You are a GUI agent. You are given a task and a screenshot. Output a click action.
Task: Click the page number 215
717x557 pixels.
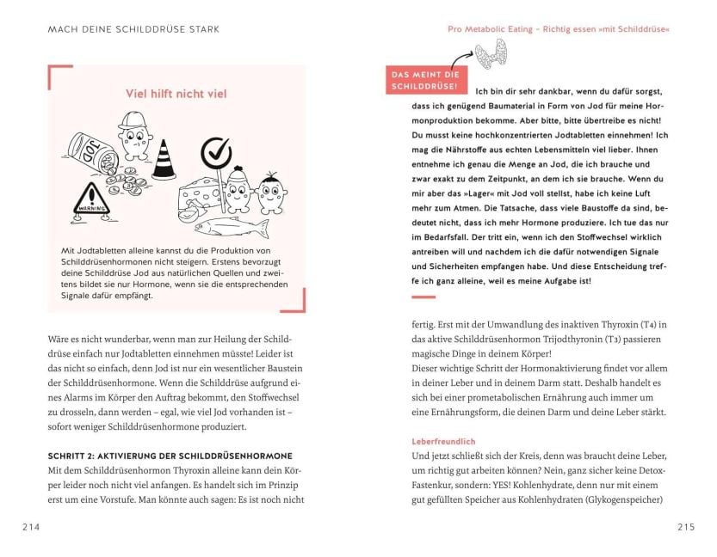click(x=686, y=527)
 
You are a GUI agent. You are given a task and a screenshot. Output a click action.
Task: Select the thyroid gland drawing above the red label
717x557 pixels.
click(x=493, y=53)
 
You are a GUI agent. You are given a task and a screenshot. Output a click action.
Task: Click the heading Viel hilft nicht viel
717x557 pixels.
click(x=176, y=93)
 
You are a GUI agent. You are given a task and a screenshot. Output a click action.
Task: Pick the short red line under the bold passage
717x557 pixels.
click(x=424, y=297)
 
